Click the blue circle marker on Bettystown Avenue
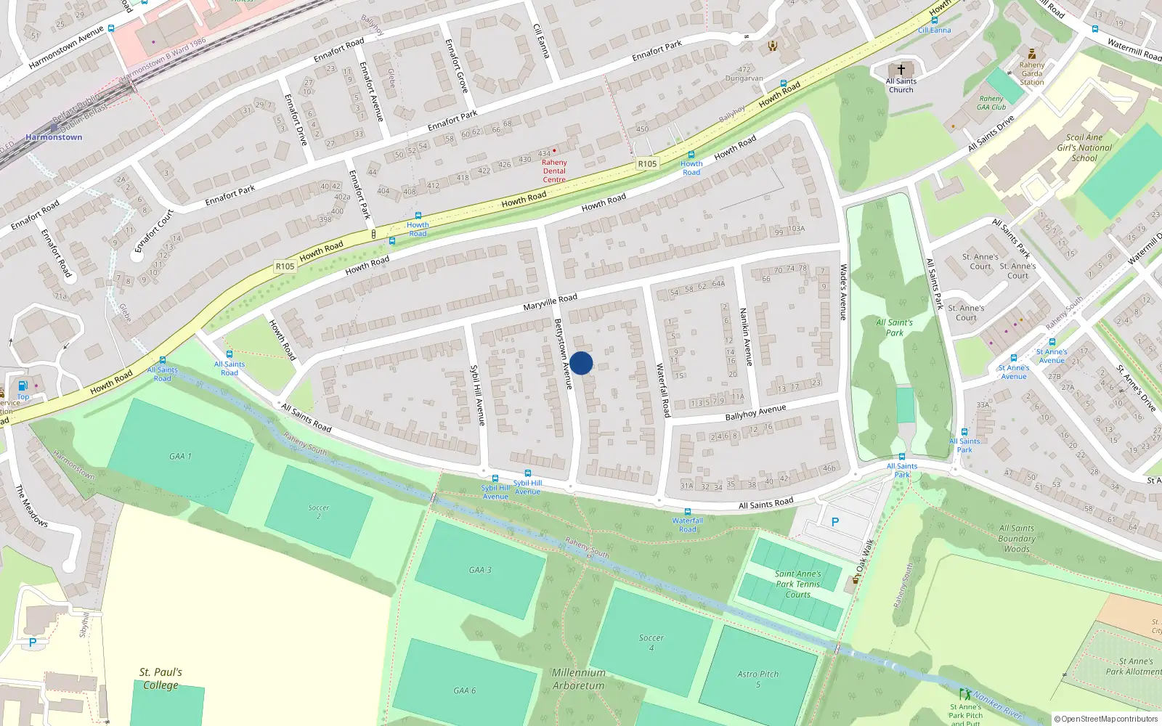[x=581, y=363]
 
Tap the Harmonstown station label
[x=54, y=137]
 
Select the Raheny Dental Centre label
[x=554, y=171]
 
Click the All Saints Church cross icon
[x=901, y=70]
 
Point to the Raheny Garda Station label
[x=1031, y=73]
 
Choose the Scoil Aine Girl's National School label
[x=1084, y=147]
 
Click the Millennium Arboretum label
[x=578, y=679]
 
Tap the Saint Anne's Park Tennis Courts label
[x=797, y=584]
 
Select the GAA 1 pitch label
[x=180, y=456]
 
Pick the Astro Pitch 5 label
[x=757, y=679]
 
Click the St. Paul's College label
[x=161, y=679]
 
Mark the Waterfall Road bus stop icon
[x=687, y=512]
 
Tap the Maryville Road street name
[x=550, y=302]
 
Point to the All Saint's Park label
[x=894, y=327]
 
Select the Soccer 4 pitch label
[x=651, y=643]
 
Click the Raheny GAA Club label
[x=991, y=103]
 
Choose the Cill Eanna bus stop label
[x=934, y=30]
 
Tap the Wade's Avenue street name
[x=843, y=292]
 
